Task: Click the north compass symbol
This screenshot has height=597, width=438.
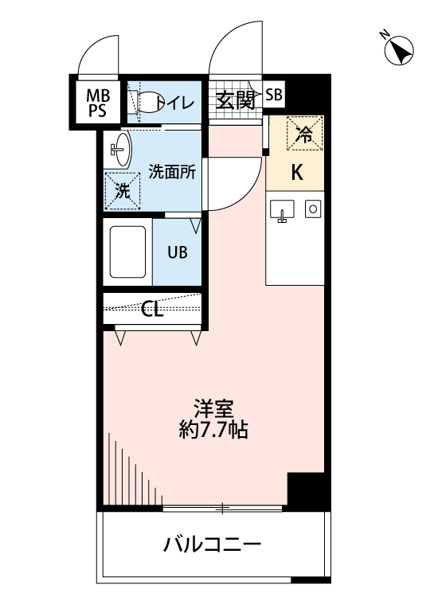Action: pos(397,51)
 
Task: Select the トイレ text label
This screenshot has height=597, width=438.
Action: pos(177,102)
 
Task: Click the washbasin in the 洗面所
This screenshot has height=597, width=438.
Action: pos(119,149)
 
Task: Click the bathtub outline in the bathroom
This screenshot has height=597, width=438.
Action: pos(127,252)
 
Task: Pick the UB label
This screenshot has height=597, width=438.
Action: pos(177,252)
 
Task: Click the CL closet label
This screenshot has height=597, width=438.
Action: pos(152,309)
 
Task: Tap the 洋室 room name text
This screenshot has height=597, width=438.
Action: pos(213,407)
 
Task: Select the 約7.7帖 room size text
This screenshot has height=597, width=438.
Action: pos(213,431)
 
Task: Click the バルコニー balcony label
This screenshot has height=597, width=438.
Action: pos(213,545)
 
